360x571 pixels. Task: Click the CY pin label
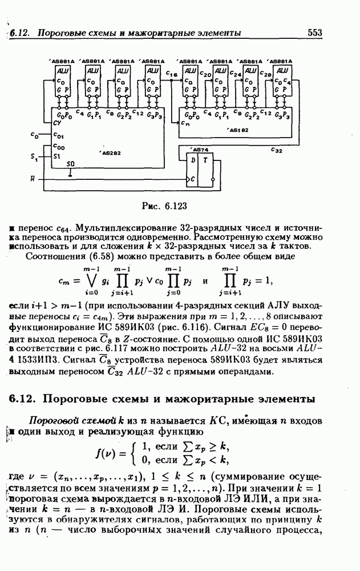point(56,123)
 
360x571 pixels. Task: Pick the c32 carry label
point(276,151)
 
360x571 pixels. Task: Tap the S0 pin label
point(70,164)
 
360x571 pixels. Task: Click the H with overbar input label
point(33,180)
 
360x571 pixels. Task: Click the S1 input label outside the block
point(34,156)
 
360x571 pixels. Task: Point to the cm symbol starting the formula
point(64,281)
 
